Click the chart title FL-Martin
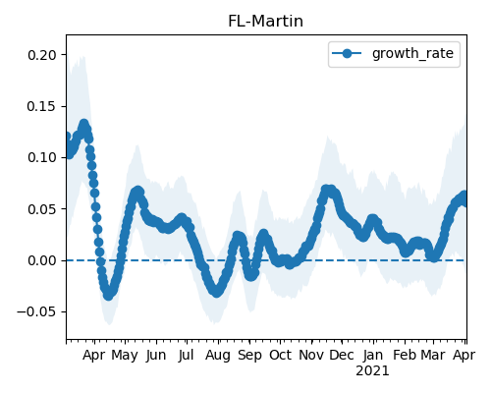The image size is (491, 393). click(x=265, y=22)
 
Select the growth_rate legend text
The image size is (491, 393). click(x=412, y=53)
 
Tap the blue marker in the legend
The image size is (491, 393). click(x=347, y=53)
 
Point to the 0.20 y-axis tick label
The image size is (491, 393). click(x=42, y=55)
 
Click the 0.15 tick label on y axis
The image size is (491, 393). click(x=42, y=106)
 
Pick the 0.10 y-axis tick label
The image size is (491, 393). click(x=42, y=158)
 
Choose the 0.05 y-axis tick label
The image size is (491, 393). click(x=42, y=209)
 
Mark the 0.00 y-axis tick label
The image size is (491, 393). click(x=42, y=260)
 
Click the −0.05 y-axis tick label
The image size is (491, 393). click(x=36, y=312)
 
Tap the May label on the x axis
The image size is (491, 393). click(x=125, y=356)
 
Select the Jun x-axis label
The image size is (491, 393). click(x=156, y=356)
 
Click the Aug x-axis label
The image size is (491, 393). click(x=218, y=356)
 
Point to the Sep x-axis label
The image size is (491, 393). click(x=249, y=356)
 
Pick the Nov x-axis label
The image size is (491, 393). click(x=311, y=356)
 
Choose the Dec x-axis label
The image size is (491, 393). click(x=342, y=356)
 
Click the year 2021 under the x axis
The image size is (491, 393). click(x=372, y=371)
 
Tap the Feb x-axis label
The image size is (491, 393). click(x=405, y=356)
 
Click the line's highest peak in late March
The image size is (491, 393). click(x=84, y=125)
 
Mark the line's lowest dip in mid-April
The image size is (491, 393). click(x=108, y=295)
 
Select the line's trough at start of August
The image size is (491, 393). click(x=217, y=292)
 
